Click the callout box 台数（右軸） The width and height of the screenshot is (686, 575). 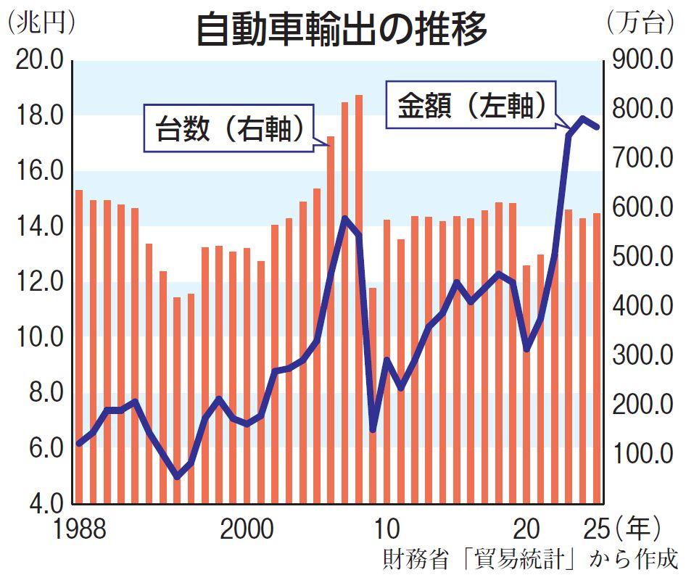pos(228,130)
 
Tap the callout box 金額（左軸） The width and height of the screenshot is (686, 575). pos(471,107)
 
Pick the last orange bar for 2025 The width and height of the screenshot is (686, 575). pos(597,358)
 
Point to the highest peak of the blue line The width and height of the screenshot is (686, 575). pos(582,118)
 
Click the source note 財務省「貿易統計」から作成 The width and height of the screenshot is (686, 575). pos(530,559)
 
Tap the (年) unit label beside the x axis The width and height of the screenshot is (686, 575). pos(637,529)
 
